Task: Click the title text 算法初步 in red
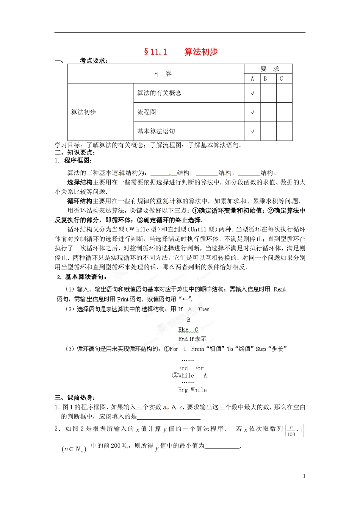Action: (201, 52)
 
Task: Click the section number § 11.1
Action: (155, 52)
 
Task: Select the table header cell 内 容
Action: (162, 74)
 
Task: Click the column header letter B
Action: (265, 79)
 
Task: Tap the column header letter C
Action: (281, 79)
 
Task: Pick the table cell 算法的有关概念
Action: (159, 93)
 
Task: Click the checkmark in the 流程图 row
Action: (252, 112)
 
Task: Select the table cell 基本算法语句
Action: (156, 131)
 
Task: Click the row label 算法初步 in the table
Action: (84, 112)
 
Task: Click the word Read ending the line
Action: (280, 289)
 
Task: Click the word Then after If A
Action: (203, 309)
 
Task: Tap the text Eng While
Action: (193, 390)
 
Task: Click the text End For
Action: (191, 368)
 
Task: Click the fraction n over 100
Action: (291, 431)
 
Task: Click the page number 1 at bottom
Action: (304, 476)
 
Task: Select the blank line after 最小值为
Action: (222, 446)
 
